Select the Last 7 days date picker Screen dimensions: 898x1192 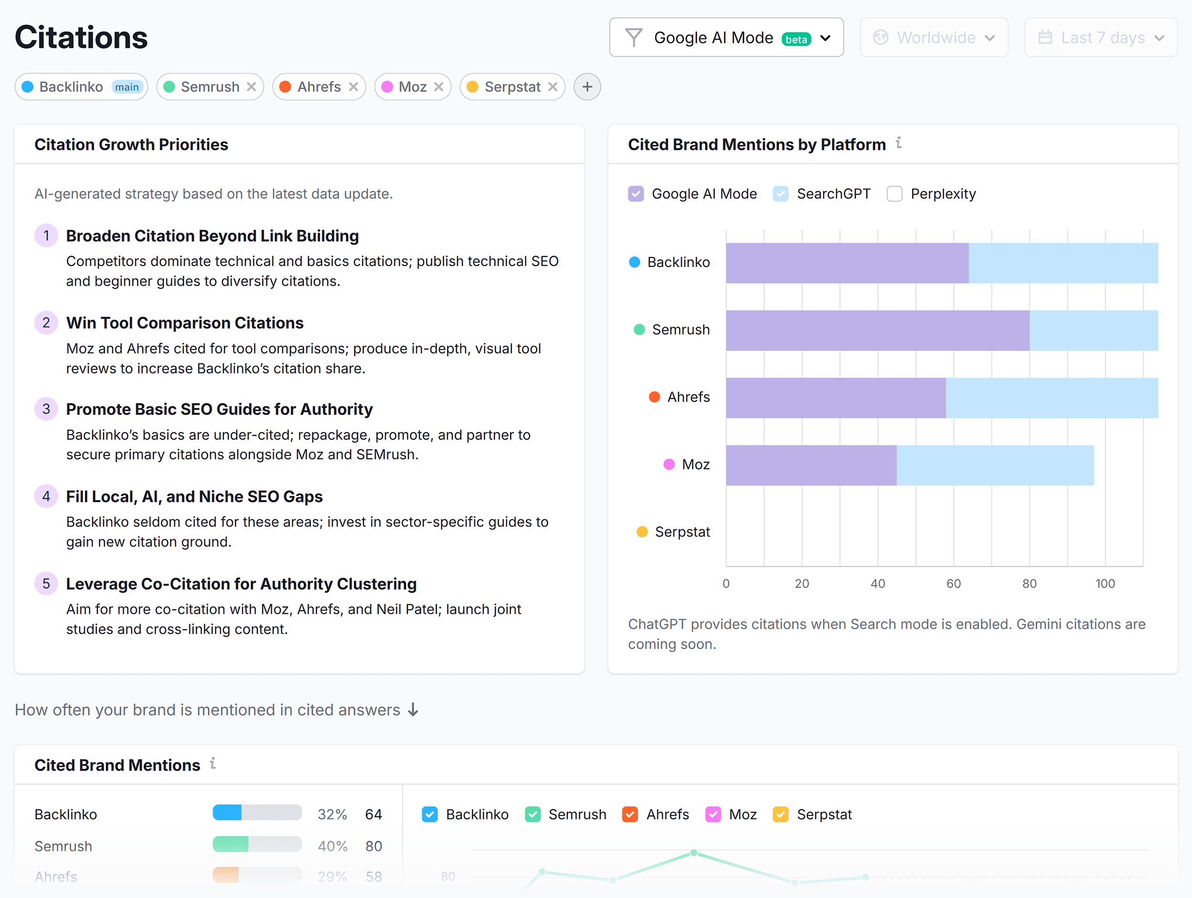[1100, 37]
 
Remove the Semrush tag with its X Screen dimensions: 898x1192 [251, 87]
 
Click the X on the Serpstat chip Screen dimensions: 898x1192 [552, 87]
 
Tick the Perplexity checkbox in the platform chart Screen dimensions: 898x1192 [894, 194]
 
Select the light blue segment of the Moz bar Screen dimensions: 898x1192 [994, 465]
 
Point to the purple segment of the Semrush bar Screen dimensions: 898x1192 [877, 330]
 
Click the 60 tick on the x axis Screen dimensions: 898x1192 [953, 583]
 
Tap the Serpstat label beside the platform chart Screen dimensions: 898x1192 [682, 532]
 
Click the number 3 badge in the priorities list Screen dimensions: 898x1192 [46, 409]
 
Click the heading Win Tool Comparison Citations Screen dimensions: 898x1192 [185, 323]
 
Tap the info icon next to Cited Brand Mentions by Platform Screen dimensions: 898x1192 [898, 143]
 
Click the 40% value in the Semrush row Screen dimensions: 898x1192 [332, 846]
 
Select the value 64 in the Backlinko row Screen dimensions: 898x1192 [373, 814]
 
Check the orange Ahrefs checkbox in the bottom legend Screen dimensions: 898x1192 [629, 814]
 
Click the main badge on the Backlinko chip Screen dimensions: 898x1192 [127, 87]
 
